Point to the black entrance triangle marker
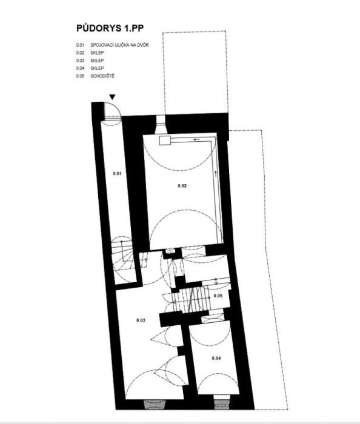113,97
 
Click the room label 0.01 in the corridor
118,174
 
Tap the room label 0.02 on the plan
182,185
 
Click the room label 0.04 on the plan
216,359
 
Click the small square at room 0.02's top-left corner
164,140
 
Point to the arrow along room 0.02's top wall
196,139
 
